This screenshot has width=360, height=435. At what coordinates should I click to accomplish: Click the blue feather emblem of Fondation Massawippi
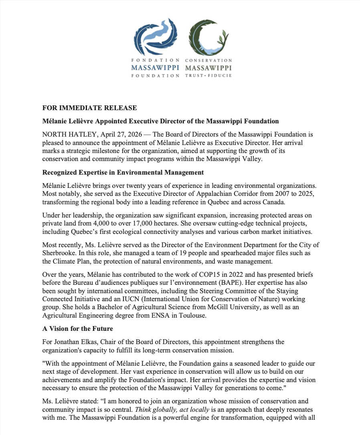pos(156,37)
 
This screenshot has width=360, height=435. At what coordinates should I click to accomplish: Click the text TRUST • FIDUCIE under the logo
pos(208,75)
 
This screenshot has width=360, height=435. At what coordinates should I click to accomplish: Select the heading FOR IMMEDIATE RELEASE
pos(90,108)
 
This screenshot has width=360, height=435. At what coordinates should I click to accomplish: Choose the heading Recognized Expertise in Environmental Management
pos(123,173)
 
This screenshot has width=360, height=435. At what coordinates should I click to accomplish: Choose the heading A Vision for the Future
pos(78,329)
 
